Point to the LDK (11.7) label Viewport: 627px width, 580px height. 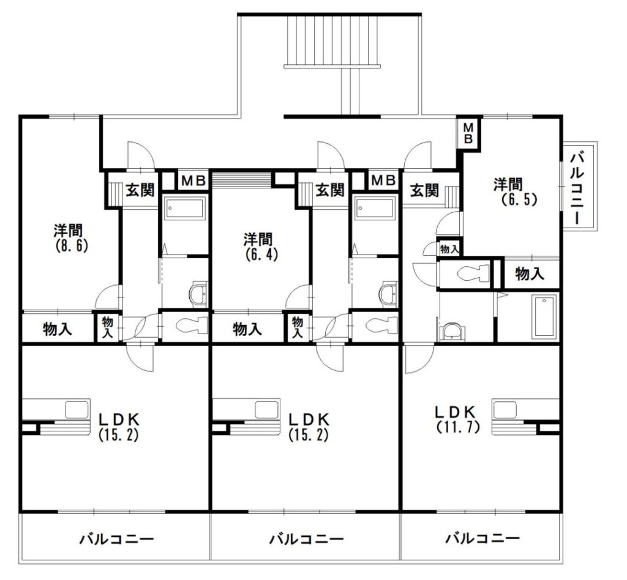point(457,420)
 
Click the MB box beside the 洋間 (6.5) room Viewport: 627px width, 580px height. point(468,133)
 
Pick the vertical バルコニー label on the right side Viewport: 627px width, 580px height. point(577,187)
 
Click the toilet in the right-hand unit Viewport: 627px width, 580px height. point(473,273)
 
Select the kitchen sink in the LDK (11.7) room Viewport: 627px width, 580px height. point(505,409)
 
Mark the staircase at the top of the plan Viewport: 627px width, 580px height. point(332,41)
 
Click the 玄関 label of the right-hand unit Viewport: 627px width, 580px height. point(424,190)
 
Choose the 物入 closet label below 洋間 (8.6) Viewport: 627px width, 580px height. point(58,329)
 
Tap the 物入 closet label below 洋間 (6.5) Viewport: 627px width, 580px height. point(530,274)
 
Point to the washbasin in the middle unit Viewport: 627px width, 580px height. point(388,295)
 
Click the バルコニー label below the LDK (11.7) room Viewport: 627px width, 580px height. point(482,538)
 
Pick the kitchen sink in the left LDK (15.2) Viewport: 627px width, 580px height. point(77,409)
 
